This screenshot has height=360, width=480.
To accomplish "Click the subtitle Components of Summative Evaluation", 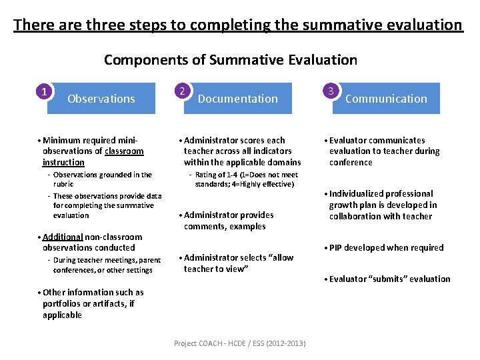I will (230, 60).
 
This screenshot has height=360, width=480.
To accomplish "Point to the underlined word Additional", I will (63, 237).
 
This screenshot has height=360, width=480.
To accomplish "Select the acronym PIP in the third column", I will (337, 247).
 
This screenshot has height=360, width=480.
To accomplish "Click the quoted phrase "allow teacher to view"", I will (239, 263).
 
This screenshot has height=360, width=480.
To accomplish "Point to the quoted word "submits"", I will (382, 279).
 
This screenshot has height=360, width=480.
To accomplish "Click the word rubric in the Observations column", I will (63, 184).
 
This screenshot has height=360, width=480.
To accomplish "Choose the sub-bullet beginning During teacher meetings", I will (107, 265).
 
